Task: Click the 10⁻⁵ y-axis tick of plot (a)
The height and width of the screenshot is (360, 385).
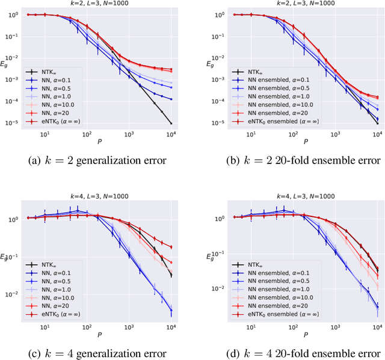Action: (x=13, y=124)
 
